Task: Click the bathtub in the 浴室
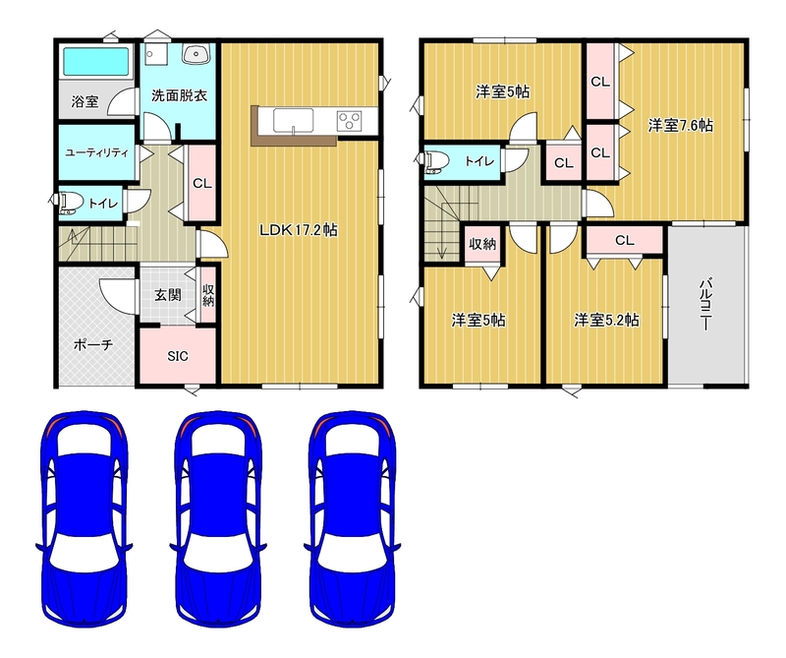(96, 62)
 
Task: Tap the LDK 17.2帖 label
(299, 230)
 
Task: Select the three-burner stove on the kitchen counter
(349, 121)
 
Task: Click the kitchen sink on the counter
(293, 120)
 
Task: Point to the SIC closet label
(178, 356)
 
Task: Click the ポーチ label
(93, 345)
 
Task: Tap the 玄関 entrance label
(167, 295)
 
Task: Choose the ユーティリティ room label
(96, 153)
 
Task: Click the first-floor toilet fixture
(70, 204)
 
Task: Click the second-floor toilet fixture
(433, 161)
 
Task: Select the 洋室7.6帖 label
(680, 125)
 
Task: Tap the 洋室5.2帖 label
(606, 320)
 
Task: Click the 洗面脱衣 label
(180, 95)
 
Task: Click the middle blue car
(218, 519)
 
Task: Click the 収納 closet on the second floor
(482, 244)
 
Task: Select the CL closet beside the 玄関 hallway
(202, 184)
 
